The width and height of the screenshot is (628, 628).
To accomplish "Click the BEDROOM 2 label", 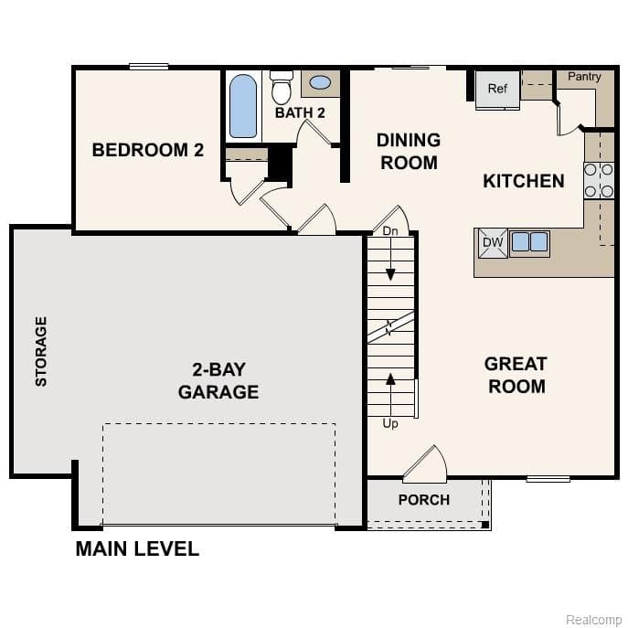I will click(x=147, y=150).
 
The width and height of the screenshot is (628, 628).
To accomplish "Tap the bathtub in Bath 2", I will click(x=243, y=106).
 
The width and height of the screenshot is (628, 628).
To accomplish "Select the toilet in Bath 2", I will click(x=282, y=88).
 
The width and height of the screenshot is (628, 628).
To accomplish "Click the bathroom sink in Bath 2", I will click(x=320, y=83).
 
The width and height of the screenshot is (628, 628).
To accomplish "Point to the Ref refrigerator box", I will click(x=497, y=89).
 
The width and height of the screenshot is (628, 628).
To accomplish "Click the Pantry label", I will click(x=584, y=77).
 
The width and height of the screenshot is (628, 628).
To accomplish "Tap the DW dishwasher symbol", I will click(x=493, y=242).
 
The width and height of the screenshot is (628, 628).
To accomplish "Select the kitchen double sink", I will click(x=529, y=242).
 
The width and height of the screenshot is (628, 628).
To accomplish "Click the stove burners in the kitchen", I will click(x=599, y=180).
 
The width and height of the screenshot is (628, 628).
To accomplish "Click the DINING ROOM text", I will click(x=409, y=151).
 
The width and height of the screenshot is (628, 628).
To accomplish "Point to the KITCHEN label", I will click(x=524, y=181).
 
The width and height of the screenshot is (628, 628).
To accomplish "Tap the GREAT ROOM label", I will click(x=516, y=375).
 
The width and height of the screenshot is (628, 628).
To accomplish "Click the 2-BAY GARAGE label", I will click(x=218, y=381).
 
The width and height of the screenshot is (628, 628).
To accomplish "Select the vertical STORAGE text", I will click(x=41, y=351).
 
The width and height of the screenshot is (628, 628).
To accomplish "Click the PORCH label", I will click(x=424, y=500).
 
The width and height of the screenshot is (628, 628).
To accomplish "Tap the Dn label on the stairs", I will click(x=390, y=230).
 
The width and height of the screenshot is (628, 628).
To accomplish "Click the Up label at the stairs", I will click(x=390, y=423).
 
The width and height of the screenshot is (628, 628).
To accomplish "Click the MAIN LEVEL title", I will click(x=137, y=549).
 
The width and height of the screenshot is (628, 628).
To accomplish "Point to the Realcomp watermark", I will click(x=593, y=619).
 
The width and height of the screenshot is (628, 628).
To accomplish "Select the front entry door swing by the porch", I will click(x=426, y=463).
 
